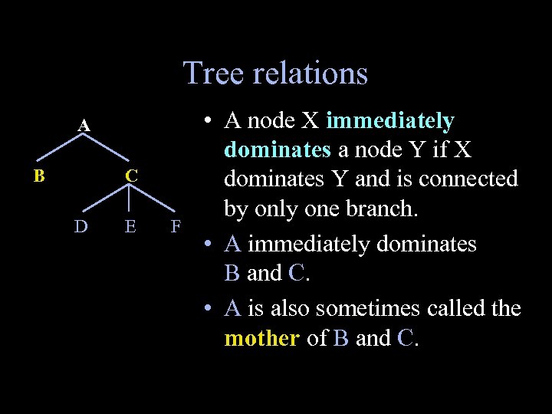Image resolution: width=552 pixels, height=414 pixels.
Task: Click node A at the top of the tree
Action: tap(84, 125)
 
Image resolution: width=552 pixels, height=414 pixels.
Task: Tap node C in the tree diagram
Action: tap(132, 176)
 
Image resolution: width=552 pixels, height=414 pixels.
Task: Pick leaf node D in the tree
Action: tap(80, 226)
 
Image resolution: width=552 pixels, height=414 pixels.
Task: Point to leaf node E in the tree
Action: tap(130, 226)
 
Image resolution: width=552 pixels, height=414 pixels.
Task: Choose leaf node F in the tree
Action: tap(176, 226)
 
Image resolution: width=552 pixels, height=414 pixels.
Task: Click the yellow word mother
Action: tap(261, 338)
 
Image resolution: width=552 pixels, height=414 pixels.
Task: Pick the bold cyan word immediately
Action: tap(390, 121)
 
